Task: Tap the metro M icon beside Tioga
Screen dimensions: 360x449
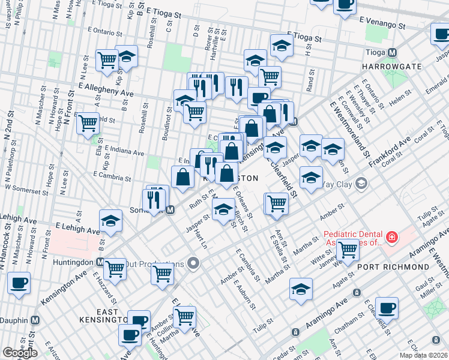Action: tap(392, 52)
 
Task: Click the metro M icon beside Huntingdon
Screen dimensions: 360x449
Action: tap(100, 262)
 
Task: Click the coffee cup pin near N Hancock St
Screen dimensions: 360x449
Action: tap(19, 282)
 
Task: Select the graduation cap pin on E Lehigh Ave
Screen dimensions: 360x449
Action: tap(110, 221)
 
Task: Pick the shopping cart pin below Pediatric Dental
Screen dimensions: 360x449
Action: tap(347, 249)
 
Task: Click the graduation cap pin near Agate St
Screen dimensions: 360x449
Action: tap(301, 289)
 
